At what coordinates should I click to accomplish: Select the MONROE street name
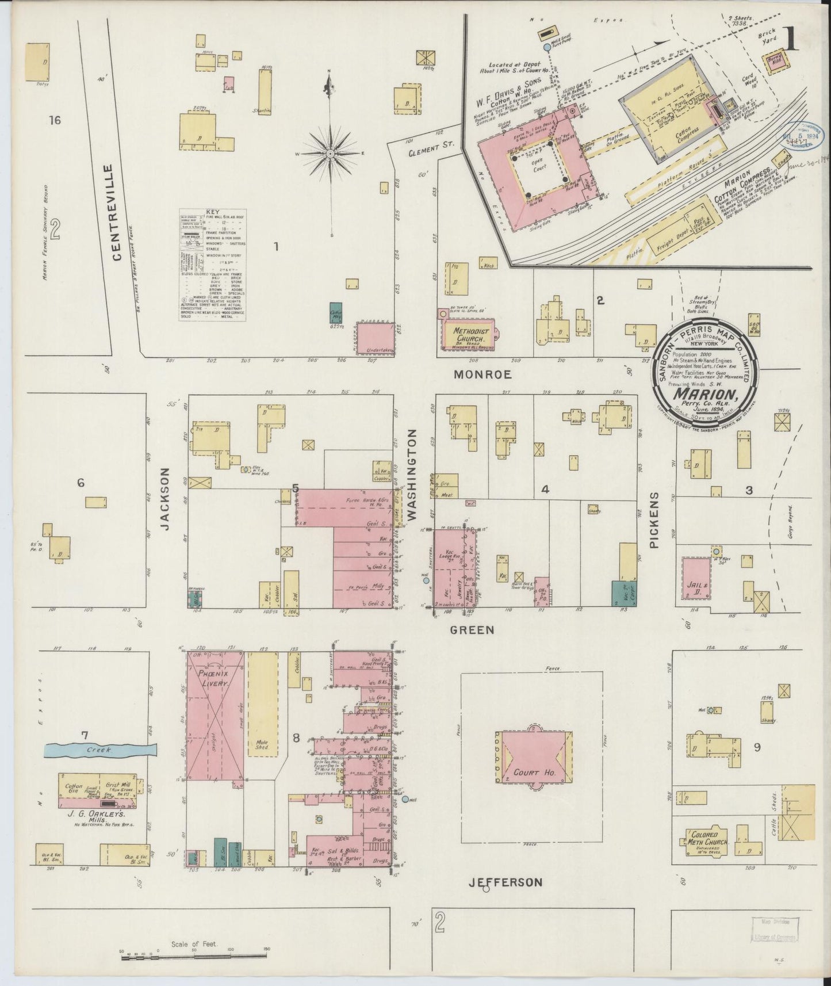(x=482, y=374)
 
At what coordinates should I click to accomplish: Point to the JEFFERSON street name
(x=505, y=882)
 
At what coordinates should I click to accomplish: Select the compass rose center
(x=331, y=154)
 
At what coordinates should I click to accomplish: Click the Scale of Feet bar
(x=193, y=956)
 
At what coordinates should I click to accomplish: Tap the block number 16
(x=55, y=120)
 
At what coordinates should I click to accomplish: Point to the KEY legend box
(x=213, y=265)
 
